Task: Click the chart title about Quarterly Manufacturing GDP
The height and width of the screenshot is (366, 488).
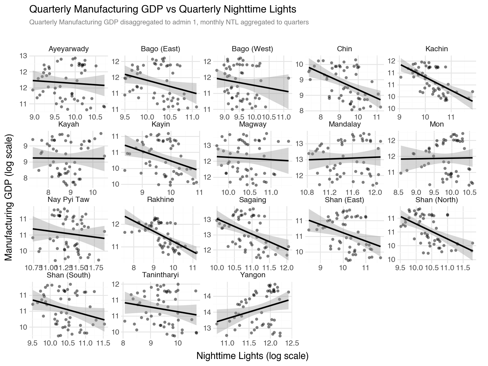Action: point(162,9)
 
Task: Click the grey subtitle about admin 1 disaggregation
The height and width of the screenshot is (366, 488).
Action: point(169,23)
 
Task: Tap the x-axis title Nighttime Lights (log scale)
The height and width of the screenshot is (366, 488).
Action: point(252,356)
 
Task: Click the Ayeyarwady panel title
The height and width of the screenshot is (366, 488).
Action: point(69,49)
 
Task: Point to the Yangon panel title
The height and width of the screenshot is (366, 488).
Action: point(253,275)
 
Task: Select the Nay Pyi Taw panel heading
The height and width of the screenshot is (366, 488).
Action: point(69,200)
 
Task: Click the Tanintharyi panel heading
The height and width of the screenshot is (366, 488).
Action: point(160,275)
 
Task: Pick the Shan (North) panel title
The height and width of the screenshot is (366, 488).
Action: point(436,200)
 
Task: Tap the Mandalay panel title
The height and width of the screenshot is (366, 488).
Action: point(345,124)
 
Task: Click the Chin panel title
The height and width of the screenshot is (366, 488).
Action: point(344,49)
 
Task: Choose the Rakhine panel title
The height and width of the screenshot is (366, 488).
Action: point(160,200)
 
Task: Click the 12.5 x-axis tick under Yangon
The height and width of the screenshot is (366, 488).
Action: point(292,343)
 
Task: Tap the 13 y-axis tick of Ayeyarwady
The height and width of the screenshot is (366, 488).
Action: point(23,56)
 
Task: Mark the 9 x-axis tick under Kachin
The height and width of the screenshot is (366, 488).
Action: point(400,117)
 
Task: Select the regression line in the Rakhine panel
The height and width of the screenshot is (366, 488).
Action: point(161,235)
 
